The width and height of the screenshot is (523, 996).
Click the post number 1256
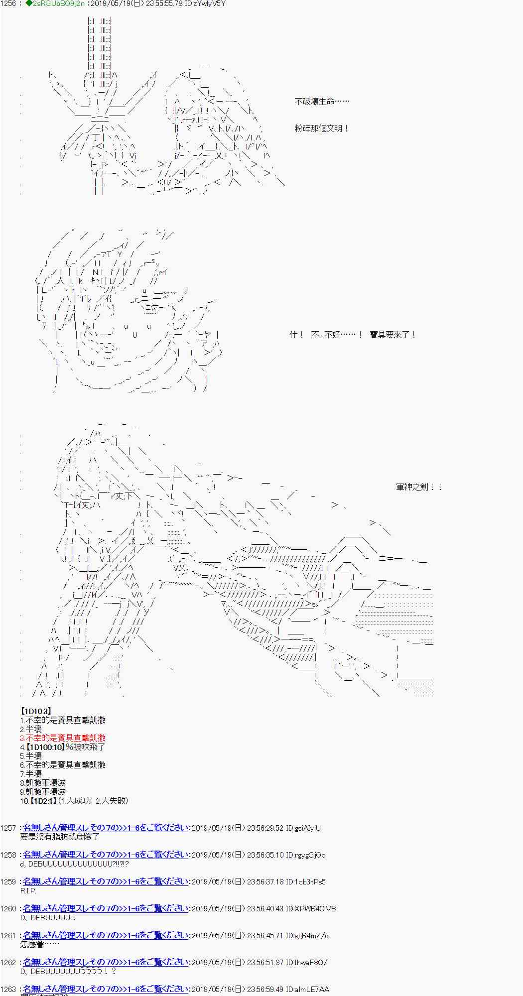(x=8, y=3)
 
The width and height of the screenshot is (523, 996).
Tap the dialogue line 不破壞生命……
(x=322, y=102)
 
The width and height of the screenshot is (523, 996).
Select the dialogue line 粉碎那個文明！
(x=322, y=128)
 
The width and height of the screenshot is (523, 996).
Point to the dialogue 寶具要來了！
(x=392, y=335)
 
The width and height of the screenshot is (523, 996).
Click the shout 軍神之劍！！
(x=419, y=487)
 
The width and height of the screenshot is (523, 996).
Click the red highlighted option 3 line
(x=63, y=738)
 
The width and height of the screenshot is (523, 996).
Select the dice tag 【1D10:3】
(x=35, y=711)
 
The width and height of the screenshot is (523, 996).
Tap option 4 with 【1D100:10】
(x=63, y=747)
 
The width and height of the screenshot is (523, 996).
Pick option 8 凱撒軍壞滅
(x=43, y=783)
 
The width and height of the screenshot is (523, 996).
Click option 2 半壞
(x=31, y=729)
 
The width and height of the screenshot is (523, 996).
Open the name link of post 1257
(x=106, y=828)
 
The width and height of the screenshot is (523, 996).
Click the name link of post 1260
(x=106, y=908)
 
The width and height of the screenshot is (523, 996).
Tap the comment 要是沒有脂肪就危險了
(x=60, y=837)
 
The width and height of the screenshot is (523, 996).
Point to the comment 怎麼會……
(x=40, y=944)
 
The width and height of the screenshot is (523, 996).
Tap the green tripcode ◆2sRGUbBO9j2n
(x=48, y=3)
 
